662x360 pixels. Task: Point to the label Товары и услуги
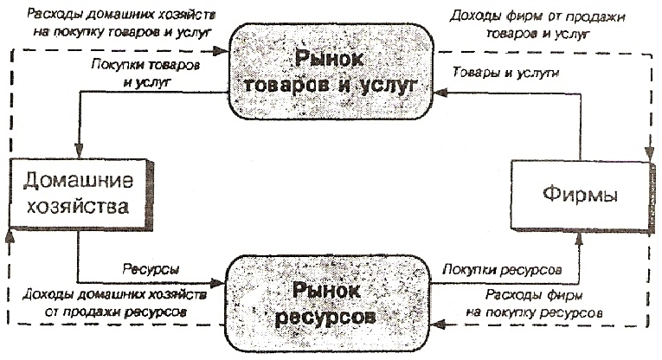pos(498,74)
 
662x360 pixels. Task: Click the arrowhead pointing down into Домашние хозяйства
pos(78,154)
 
